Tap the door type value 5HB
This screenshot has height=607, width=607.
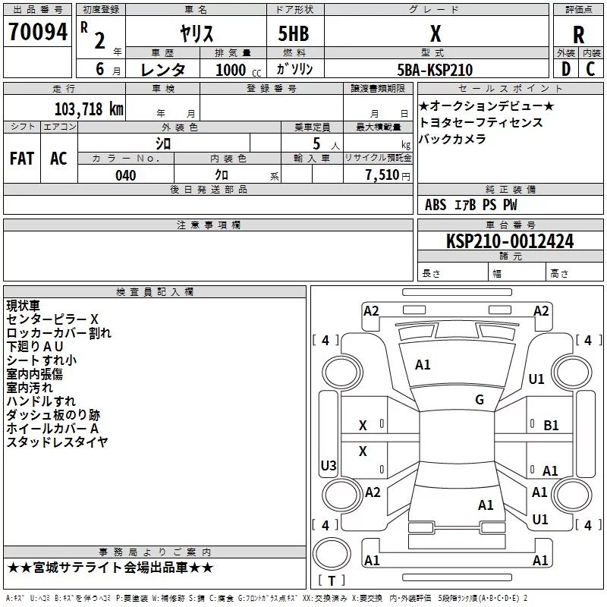(x=294, y=33)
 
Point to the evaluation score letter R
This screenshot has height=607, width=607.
(x=578, y=35)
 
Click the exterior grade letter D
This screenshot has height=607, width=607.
(x=565, y=69)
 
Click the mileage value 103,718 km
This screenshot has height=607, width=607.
(x=89, y=109)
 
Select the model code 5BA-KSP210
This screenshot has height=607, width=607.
(x=435, y=70)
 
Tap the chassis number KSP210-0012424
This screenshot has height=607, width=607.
(x=510, y=241)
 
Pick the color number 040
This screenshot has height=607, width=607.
(x=125, y=175)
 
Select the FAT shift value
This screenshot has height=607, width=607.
(x=22, y=159)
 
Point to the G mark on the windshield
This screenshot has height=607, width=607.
(x=480, y=400)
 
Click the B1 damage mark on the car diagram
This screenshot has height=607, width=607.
(x=551, y=426)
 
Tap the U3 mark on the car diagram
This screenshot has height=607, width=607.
(x=329, y=465)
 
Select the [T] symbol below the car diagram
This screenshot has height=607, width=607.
(x=330, y=580)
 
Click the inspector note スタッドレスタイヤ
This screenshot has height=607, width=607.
(x=57, y=442)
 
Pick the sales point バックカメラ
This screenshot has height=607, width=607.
(x=452, y=140)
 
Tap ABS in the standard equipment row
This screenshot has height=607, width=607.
(x=436, y=205)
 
